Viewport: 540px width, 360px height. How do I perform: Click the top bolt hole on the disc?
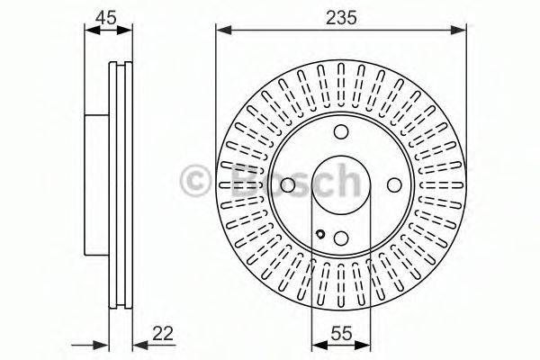pyautogui.click(x=341, y=133)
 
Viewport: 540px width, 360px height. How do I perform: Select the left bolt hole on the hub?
pyautogui.click(x=288, y=185)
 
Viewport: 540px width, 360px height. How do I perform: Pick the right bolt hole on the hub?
pyautogui.click(x=393, y=185)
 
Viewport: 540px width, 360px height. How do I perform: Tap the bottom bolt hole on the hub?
pyautogui.click(x=341, y=238)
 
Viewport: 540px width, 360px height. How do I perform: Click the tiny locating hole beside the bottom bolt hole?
pyautogui.click(x=320, y=237)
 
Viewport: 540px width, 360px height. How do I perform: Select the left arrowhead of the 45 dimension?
pyautogui.click(x=89, y=31)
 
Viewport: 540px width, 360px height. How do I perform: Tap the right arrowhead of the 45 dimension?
pyautogui.click(x=126, y=31)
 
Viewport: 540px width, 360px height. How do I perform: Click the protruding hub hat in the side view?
pyautogui.click(x=97, y=185)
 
